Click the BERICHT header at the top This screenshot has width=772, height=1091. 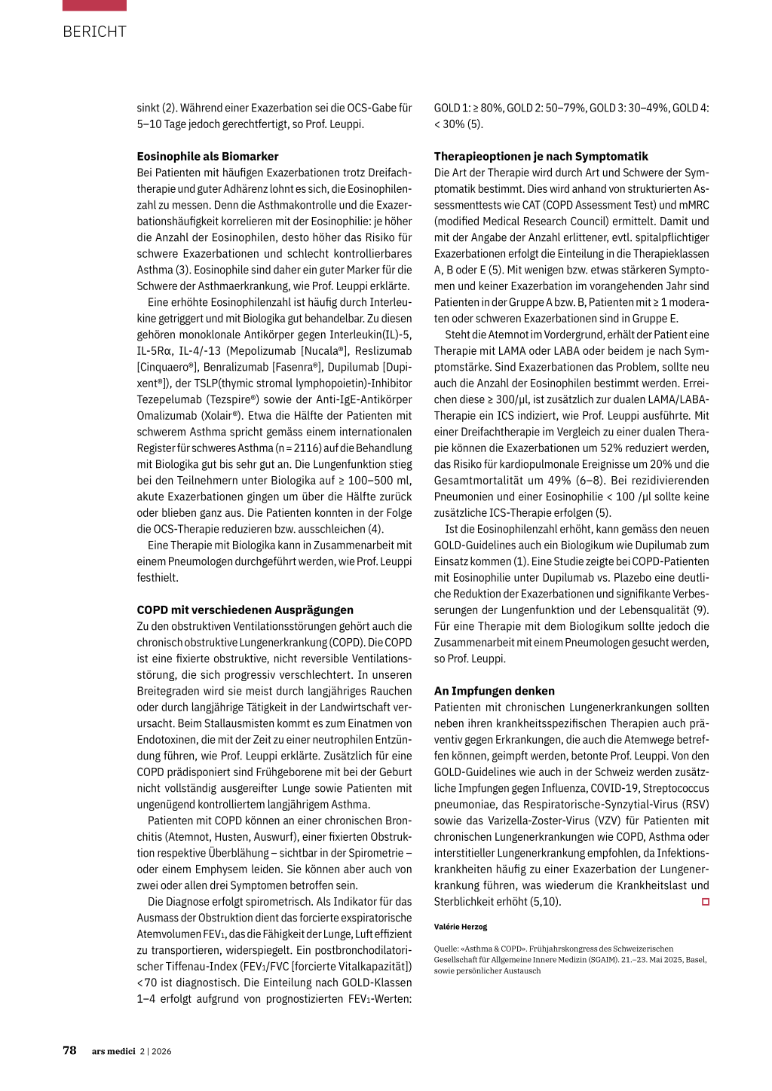click(94, 32)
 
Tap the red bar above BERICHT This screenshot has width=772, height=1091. click(94, 5)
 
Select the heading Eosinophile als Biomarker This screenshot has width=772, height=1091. click(207, 157)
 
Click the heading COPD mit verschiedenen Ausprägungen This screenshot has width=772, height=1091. click(245, 610)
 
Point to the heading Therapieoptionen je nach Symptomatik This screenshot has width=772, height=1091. click(541, 157)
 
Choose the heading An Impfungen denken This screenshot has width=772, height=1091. click(494, 691)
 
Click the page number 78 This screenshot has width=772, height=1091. click(69, 1050)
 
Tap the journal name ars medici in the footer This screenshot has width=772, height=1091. click(114, 1051)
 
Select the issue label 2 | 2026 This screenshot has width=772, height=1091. click(155, 1051)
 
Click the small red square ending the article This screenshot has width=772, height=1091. click(706, 902)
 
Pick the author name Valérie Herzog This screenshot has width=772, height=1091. click(461, 927)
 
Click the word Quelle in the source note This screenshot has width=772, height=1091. click(446, 949)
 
